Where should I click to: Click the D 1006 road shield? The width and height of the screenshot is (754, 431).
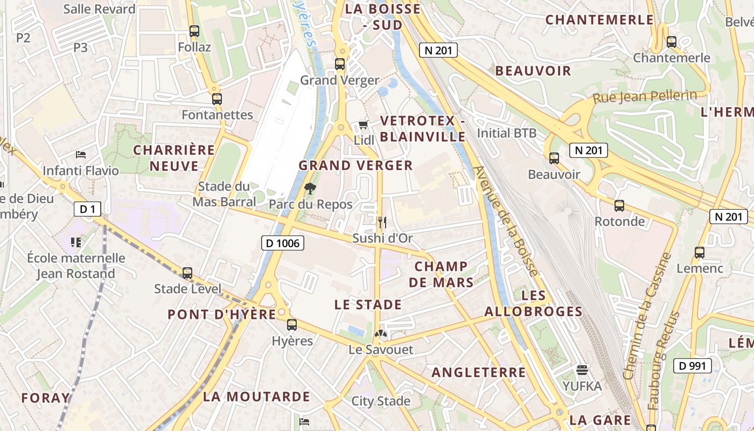point(282,243)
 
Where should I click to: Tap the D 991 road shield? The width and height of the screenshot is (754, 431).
point(692,366)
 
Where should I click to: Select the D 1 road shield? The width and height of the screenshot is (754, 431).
point(87,208)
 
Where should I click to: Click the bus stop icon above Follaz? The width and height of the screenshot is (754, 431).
point(194,31)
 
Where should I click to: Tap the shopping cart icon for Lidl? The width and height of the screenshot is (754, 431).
point(364,125)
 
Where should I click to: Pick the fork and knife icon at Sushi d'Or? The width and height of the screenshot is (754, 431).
point(382,222)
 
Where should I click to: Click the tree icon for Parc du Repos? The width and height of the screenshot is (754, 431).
point(310,189)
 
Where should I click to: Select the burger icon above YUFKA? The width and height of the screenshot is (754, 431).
point(582,370)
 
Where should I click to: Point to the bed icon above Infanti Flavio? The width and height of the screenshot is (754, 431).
point(81,155)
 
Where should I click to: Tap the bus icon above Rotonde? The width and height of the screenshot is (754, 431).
point(619,205)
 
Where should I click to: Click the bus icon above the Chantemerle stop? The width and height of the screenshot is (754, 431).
point(671,41)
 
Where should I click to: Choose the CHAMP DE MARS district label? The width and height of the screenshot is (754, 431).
point(441,274)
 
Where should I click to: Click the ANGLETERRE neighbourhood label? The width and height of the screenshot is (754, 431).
point(478,372)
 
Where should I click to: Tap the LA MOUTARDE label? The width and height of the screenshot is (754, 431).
point(256,397)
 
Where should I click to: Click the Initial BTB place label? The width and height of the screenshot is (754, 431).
point(507,133)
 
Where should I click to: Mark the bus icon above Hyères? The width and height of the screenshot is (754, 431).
point(292,324)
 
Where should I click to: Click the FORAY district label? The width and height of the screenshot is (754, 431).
point(45,398)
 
